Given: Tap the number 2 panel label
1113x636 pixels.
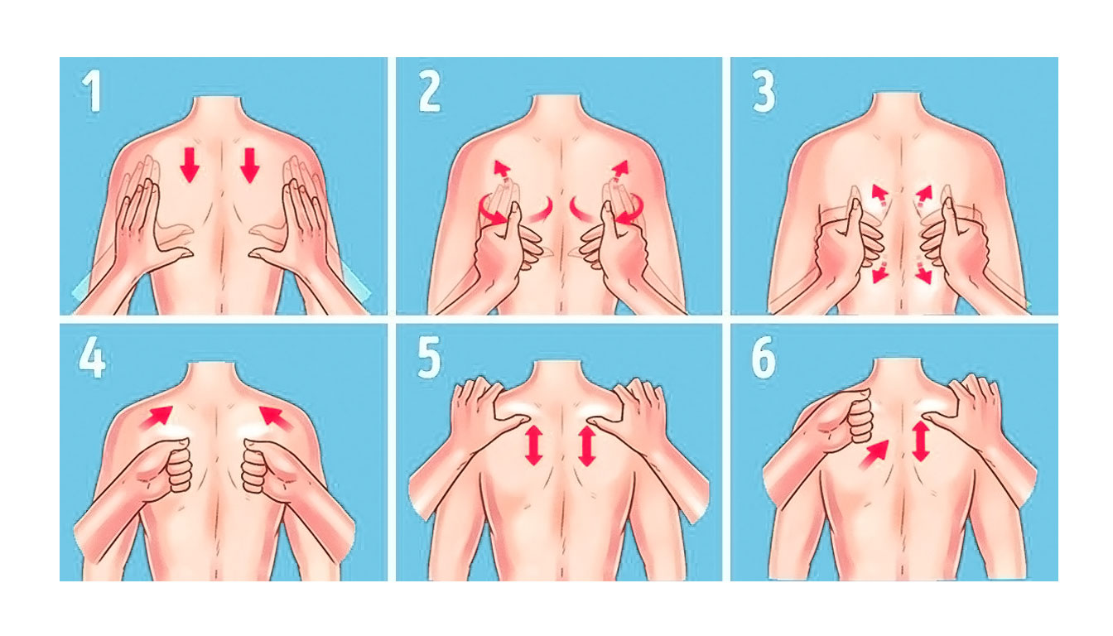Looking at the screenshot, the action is pos(429,92).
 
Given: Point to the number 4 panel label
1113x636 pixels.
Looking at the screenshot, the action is pos(92,359).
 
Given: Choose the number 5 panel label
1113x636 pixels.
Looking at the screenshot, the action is pos(429,359).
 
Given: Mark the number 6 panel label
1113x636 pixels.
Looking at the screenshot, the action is pos(764,359).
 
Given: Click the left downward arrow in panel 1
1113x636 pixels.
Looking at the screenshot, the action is pos(190,165).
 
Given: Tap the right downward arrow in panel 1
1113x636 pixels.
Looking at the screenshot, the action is pos(249,165).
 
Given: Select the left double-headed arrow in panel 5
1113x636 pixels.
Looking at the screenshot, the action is pos(534,446).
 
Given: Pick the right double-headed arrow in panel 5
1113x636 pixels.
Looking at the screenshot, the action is pos(587,446).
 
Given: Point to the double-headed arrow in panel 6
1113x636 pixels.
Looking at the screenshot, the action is pos(921,441).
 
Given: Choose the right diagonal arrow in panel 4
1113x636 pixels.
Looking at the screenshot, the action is pos(275,417).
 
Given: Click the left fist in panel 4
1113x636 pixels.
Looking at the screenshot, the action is pos(164,467).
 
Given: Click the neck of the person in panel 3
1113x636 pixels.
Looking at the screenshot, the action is pos(898,107).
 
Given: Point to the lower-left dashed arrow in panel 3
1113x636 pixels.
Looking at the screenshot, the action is pos(880,271).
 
